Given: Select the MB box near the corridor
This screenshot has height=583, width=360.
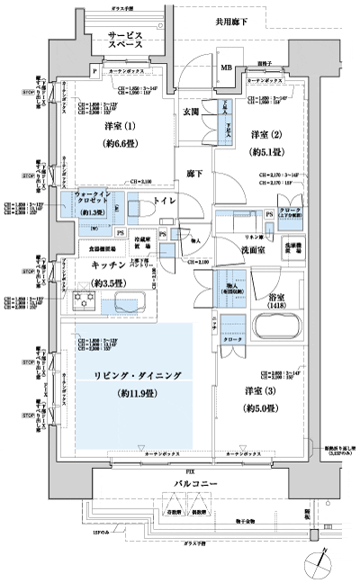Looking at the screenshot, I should click(x=226, y=67).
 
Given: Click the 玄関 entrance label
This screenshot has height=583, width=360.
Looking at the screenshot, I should click(x=191, y=112).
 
